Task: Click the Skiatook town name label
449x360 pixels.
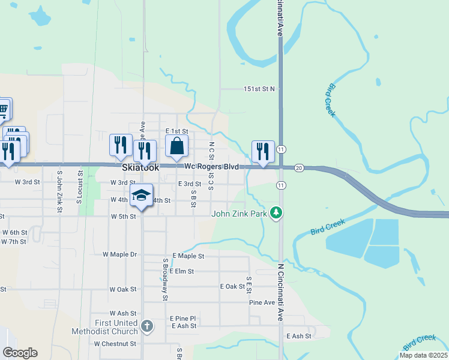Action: pos(140,168)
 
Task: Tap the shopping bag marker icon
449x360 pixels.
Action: pos(177,146)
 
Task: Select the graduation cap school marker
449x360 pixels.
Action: pos(142,196)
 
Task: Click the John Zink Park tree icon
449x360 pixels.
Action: pos(276,212)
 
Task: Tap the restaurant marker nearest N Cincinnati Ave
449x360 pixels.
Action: pos(262,151)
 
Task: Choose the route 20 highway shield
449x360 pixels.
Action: pos(299,168)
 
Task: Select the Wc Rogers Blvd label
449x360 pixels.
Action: pos(211,166)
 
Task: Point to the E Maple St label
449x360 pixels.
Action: pos(188,256)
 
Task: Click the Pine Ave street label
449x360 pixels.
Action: pos(262,302)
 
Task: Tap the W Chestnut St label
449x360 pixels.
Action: pos(115,344)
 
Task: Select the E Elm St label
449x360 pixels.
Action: pos(181,271)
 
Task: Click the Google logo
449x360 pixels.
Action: pos(20,353)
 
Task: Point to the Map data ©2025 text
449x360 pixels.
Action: pos(423,355)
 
